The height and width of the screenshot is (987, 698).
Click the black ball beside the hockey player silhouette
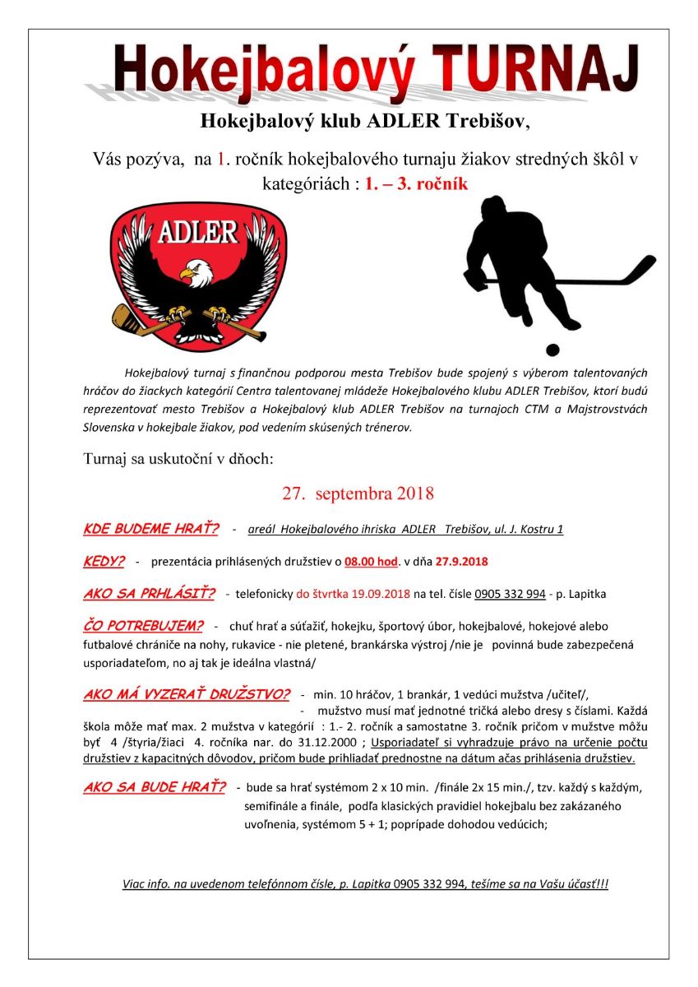click(x=552, y=350)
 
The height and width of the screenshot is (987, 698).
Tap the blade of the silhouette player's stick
click(x=641, y=268)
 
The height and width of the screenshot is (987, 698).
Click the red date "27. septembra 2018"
click(x=358, y=493)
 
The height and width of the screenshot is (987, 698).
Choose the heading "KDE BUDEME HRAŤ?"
click(x=150, y=529)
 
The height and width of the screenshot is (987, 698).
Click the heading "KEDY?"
click(x=104, y=561)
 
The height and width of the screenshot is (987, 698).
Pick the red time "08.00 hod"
click(x=371, y=562)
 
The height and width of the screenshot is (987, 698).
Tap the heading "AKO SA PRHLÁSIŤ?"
click(x=149, y=593)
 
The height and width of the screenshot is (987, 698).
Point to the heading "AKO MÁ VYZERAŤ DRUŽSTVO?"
click(x=187, y=694)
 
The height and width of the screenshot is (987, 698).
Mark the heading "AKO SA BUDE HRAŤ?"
click(x=154, y=787)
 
